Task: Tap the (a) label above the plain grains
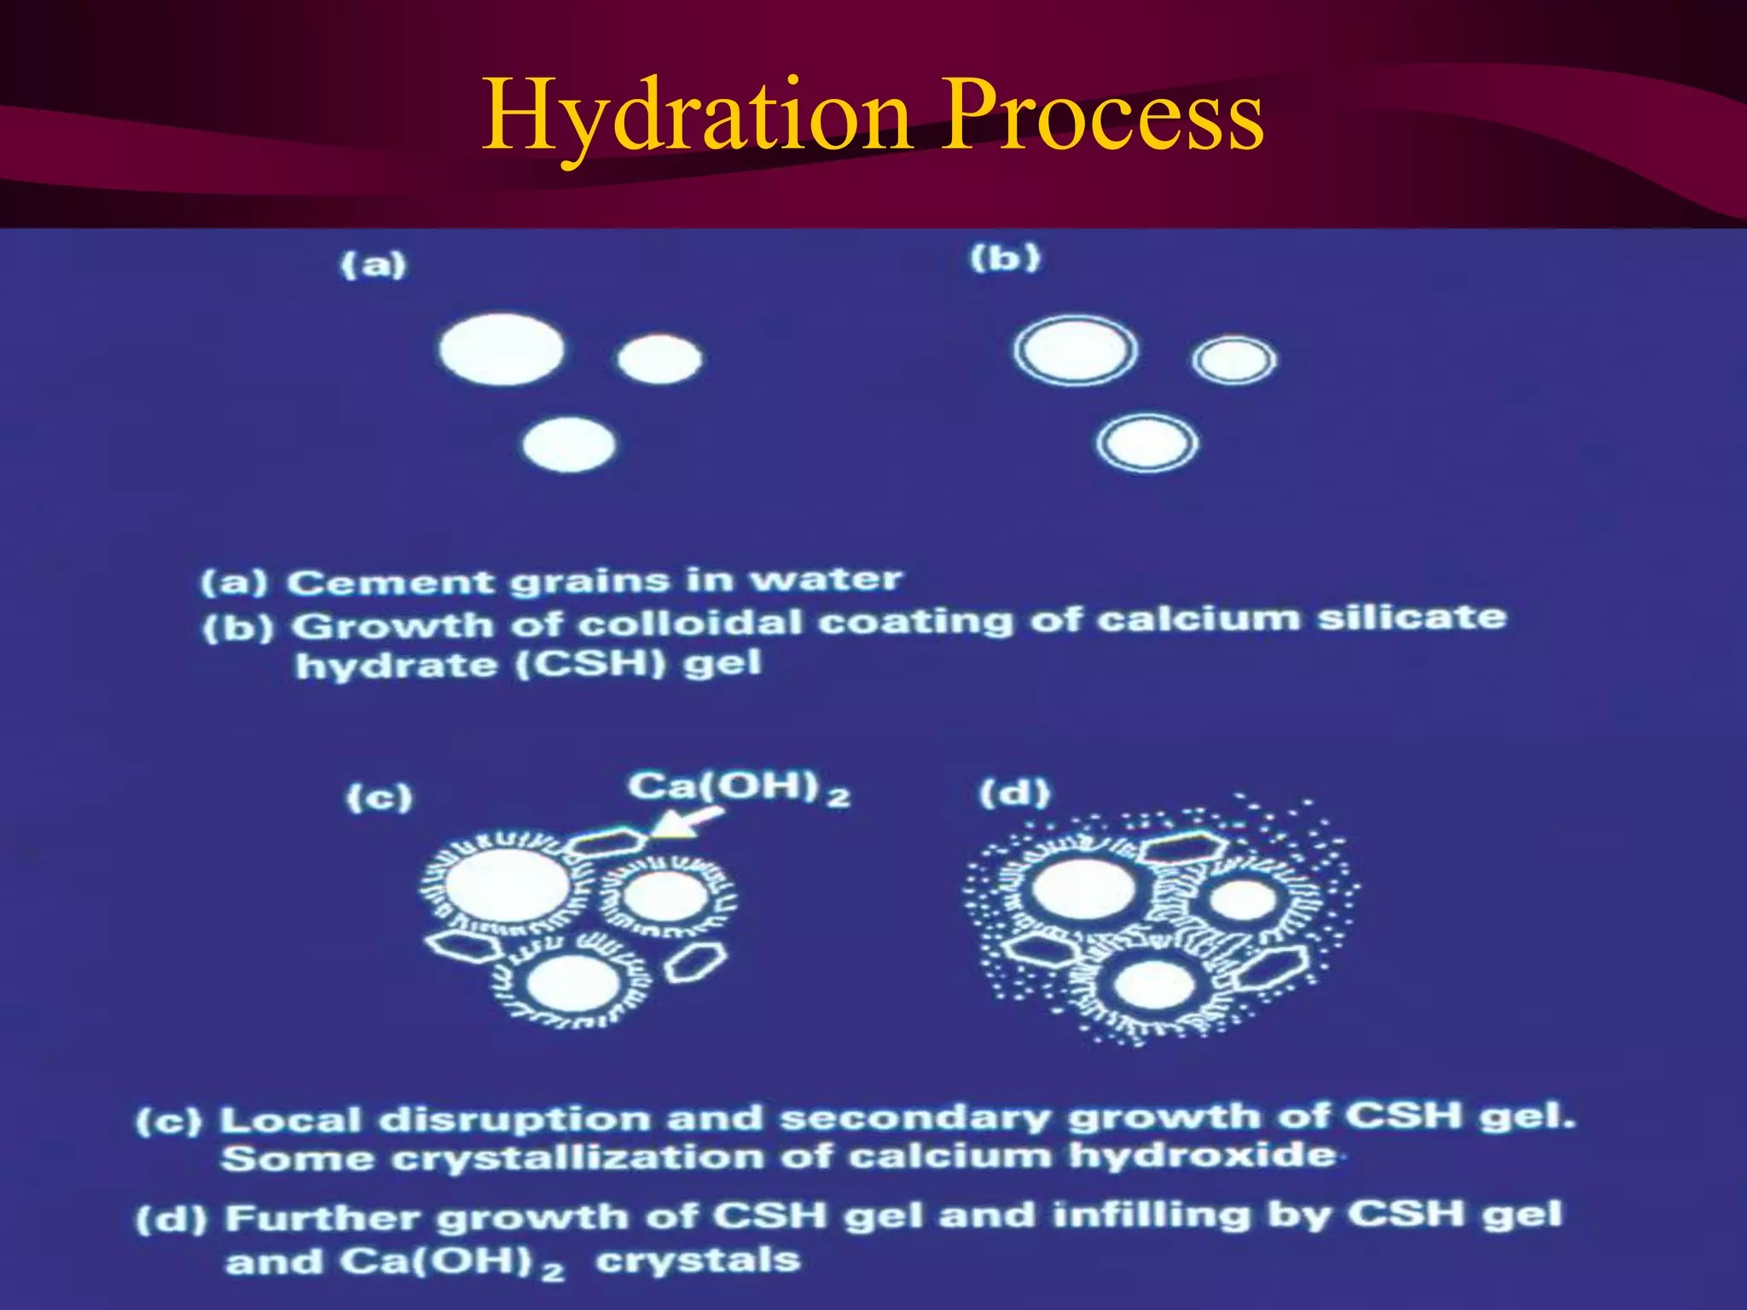pyautogui.click(x=374, y=264)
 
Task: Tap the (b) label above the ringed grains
pyautogui.click(x=1006, y=257)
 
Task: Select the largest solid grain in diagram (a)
pyautogui.click(x=502, y=350)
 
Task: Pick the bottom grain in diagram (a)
pyautogui.click(x=569, y=445)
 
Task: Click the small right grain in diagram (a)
pyautogui.click(x=659, y=359)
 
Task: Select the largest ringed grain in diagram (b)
pyautogui.click(x=1076, y=351)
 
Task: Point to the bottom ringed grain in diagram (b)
pyautogui.click(x=1147, y=443)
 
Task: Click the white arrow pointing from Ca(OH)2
pyautogui.click(x=688, y=822)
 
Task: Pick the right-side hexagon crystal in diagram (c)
pyautogui.click(x=696, y=960)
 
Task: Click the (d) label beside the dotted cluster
pyautogui.click(x=1014, y=794)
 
